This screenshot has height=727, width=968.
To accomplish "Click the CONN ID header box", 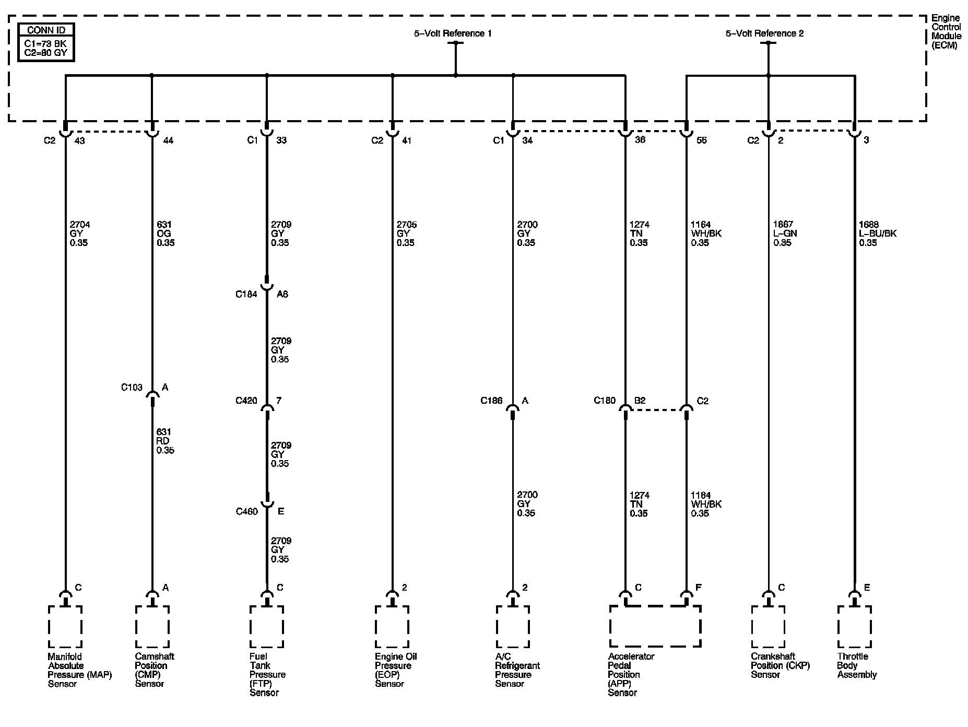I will point(46,30).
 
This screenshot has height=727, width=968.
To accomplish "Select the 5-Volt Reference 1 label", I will point(453,33).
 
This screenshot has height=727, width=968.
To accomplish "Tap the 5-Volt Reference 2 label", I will point(764,33).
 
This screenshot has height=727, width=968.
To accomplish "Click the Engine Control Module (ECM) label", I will point(946,32).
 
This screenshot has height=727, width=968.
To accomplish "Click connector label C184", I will point(246,295).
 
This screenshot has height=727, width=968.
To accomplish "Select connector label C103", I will point(132,388).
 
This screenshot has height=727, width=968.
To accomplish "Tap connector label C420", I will point(246,401).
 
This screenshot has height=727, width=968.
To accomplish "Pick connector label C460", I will point(246,511).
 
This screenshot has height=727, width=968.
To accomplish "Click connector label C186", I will point(491,401).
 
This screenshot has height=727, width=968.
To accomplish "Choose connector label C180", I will point(605,401).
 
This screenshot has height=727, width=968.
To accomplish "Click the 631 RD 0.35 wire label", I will point(165,441).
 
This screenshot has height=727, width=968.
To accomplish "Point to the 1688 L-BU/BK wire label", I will point(877,233).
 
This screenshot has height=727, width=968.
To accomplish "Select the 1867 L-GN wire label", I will point(785,233).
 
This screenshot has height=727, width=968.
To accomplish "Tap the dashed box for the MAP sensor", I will point(65,626).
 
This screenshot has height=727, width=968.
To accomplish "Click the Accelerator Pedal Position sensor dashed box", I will point(655,626).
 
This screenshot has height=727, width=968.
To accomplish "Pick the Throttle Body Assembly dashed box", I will point(854,626).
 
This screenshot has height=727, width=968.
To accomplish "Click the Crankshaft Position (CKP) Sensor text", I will point(780,665).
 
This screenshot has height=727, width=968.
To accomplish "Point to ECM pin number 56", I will point(702,140).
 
